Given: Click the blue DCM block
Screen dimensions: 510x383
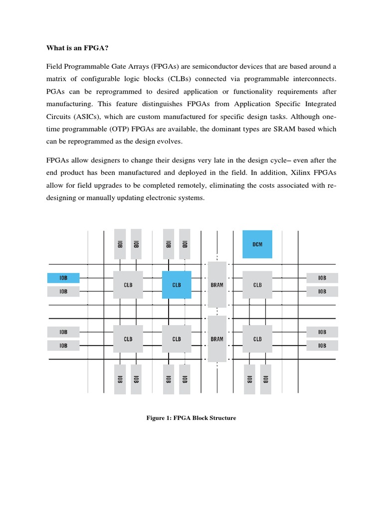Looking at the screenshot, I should point(257,244).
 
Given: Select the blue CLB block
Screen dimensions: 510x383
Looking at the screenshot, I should point(177,285).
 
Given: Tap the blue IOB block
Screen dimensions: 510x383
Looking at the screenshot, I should point(63,278).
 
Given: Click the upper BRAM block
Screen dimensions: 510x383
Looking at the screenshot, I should point(217,285).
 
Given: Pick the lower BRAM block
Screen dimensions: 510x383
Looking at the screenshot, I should point(217,339).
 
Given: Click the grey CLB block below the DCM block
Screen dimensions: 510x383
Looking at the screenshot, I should point(257,285).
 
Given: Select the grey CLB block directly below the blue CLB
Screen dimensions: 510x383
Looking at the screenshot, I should point(177,339).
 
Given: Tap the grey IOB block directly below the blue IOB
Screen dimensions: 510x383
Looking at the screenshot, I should point(63,291).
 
